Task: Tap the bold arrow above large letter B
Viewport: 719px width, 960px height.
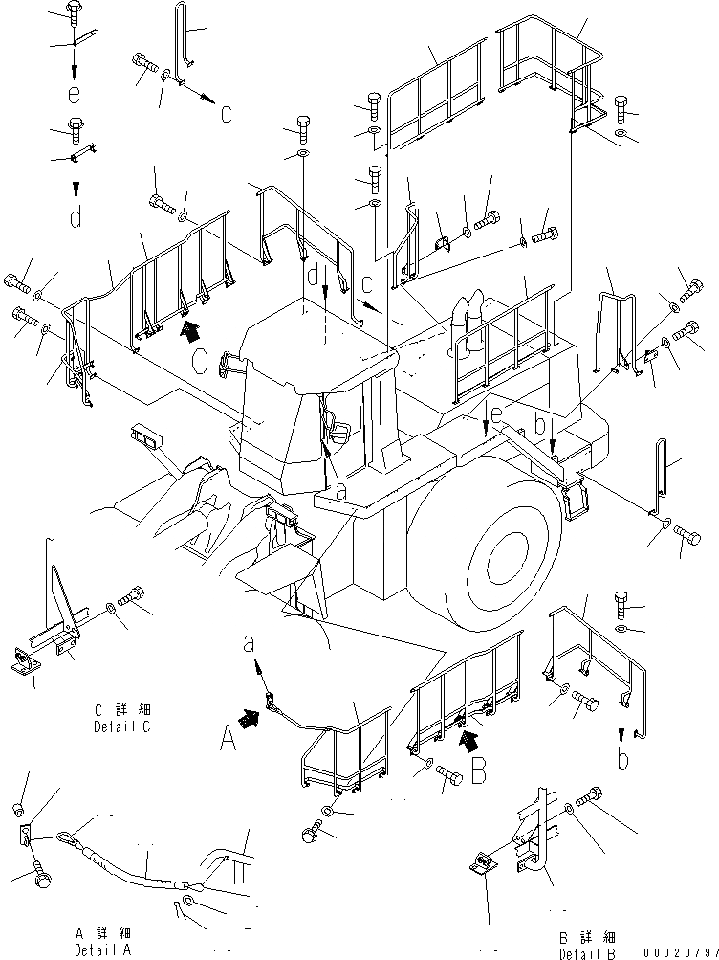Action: pyautogui.click(x=468, y=739)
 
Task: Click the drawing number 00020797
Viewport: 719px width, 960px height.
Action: pyautogui.click(x=680, y=951)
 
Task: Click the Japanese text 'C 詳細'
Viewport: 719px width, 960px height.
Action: pyautogui.click(x=123, y=711)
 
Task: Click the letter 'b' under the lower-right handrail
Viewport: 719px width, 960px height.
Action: pyautogui.click(x=623, y=761)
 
